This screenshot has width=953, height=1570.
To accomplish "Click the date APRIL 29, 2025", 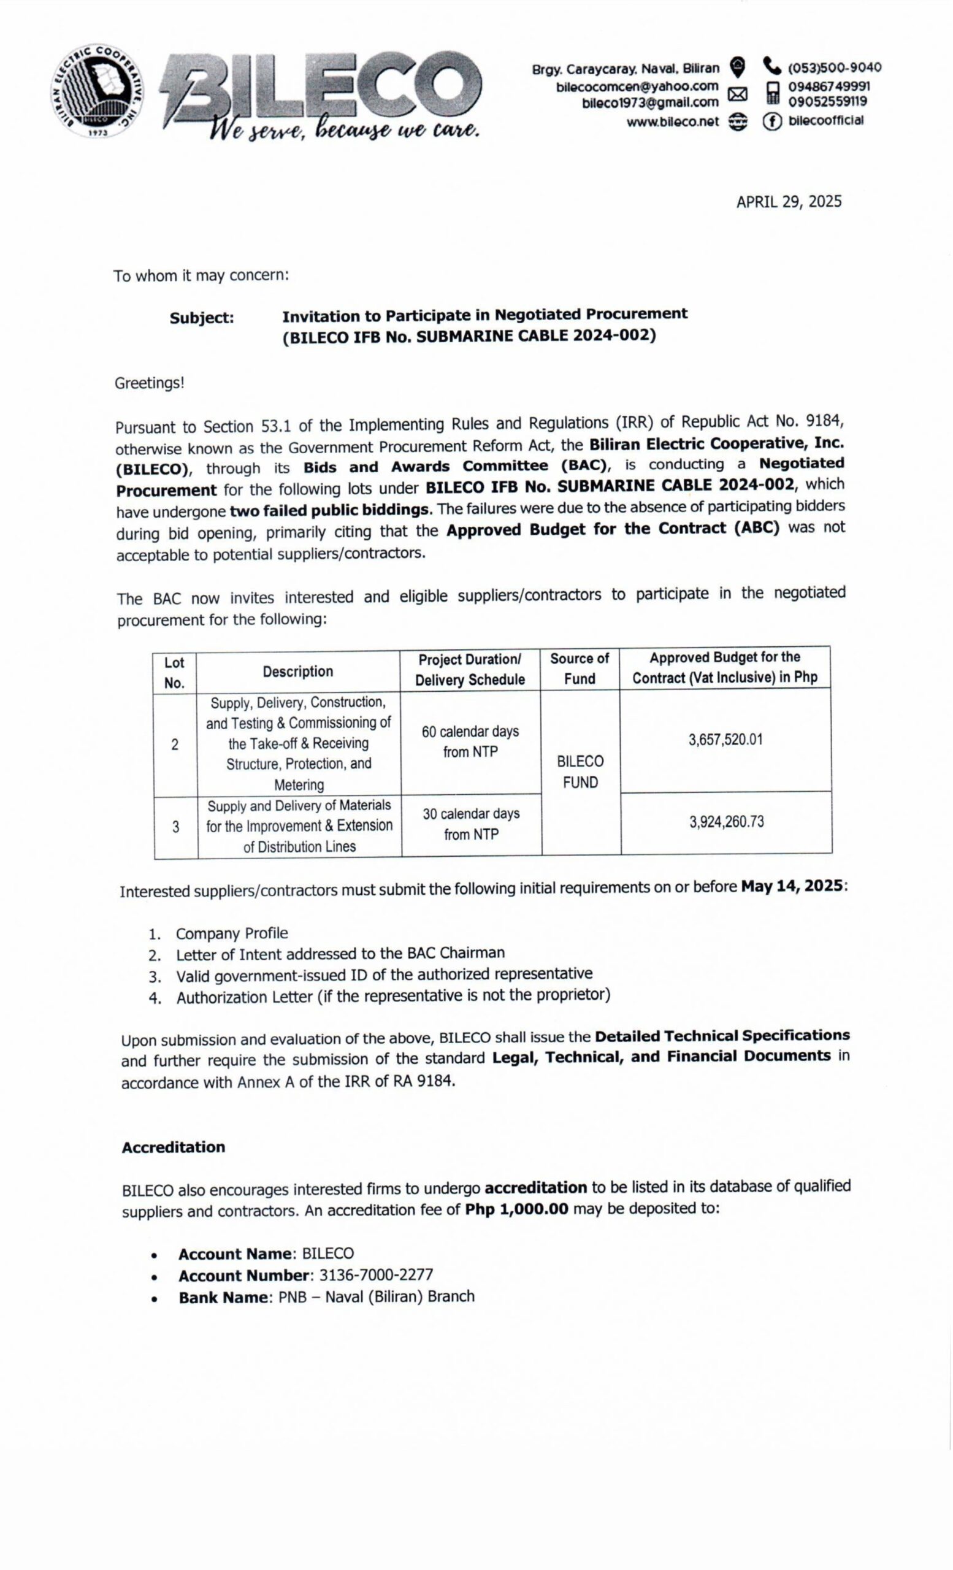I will tap(789, 202).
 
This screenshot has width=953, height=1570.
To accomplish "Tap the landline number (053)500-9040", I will tap(835, 67).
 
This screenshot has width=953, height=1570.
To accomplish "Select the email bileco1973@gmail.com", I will tap(650, 102).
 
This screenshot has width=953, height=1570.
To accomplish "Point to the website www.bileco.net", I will tap(672, 121).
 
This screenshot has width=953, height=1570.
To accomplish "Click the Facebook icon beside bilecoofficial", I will tap(771, 121).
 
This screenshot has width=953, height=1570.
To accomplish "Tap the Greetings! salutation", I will tap(150, 383).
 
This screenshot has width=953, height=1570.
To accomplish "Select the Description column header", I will tap(297, 671).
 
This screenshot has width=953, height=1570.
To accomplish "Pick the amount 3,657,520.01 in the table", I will tap(725, 740).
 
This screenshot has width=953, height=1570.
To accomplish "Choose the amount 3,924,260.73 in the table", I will tap(726, 822).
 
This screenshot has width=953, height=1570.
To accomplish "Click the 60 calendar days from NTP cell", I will tap(470, 741).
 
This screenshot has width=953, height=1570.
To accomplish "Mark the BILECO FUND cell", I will tap(580, 772).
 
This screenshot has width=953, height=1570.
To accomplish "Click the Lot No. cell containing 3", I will tap(175, 827).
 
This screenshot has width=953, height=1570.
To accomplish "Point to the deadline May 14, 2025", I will tap(792, 886).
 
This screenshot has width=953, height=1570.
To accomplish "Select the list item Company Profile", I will tap(232, 933).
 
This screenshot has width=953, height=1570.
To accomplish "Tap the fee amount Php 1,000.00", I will tap(516, 1209).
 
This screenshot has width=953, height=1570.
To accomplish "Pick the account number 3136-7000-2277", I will tap(376, 1275).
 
